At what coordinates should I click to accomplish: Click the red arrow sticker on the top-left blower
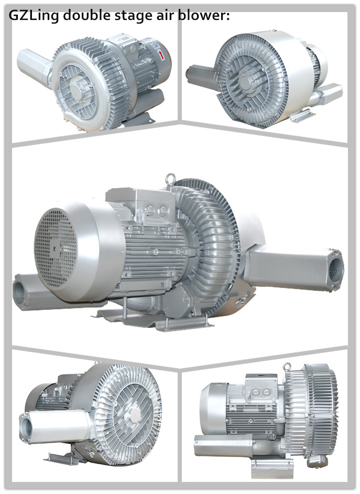[161, 55]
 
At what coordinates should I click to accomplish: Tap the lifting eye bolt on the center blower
[170, 179]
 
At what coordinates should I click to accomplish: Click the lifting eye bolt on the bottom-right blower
[286, 367]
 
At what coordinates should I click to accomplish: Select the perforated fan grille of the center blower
[56, 249]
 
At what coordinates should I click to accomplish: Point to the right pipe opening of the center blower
[335, 270]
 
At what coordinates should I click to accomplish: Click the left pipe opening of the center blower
[18, 293]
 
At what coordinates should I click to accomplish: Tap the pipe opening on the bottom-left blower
[26, 428]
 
